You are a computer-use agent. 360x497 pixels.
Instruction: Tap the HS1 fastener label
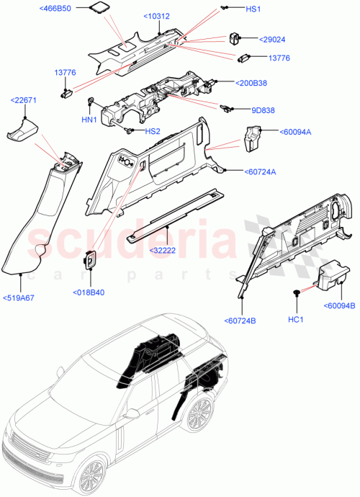coord(254,9)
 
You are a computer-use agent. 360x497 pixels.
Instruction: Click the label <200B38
coord(252,83)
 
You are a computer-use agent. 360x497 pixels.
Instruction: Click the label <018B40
coord(89,292)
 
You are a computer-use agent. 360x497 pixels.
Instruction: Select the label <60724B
coord(240,320)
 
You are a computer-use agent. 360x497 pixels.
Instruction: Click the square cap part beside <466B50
coord(97,8)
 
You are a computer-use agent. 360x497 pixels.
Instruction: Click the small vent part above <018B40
coord(91,259)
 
